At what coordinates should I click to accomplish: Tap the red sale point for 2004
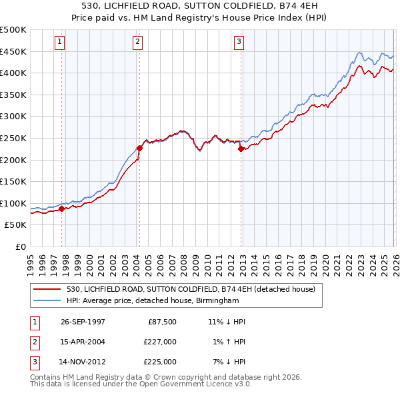(140, 148)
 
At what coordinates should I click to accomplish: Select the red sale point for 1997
(62, 208)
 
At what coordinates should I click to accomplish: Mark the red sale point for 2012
(241, 149)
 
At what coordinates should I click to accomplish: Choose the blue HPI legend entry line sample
(48, 300)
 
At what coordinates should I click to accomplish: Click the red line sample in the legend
(48, 288)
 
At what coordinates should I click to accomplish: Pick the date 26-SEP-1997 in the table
(83, 322)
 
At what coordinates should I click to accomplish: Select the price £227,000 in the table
(160, 342)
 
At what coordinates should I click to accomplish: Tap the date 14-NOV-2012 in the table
(83, 362)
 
